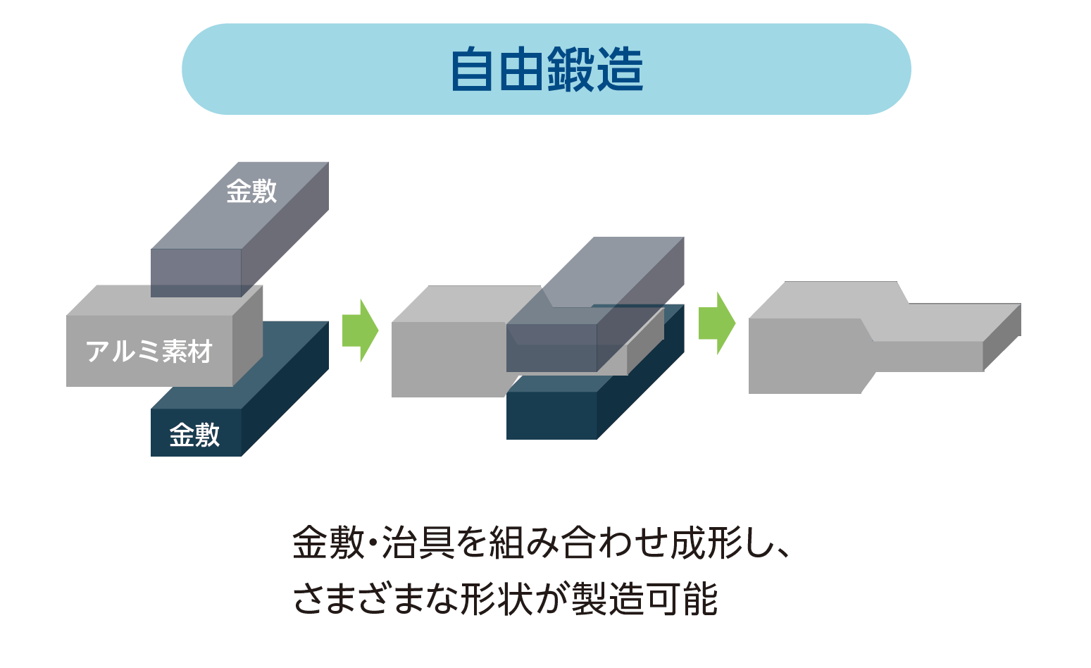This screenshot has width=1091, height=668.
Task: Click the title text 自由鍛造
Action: point(547,70)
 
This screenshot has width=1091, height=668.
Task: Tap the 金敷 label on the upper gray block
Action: point(251,191)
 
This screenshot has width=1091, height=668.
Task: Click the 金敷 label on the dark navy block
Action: point(195,435)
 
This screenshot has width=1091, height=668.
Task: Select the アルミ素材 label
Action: point(149,351)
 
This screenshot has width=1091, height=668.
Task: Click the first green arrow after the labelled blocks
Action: point(360,330)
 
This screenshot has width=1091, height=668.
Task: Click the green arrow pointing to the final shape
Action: point(716,323)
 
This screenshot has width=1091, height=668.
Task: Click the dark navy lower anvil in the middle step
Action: point(551,415)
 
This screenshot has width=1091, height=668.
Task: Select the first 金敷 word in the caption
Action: point(328,543)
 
